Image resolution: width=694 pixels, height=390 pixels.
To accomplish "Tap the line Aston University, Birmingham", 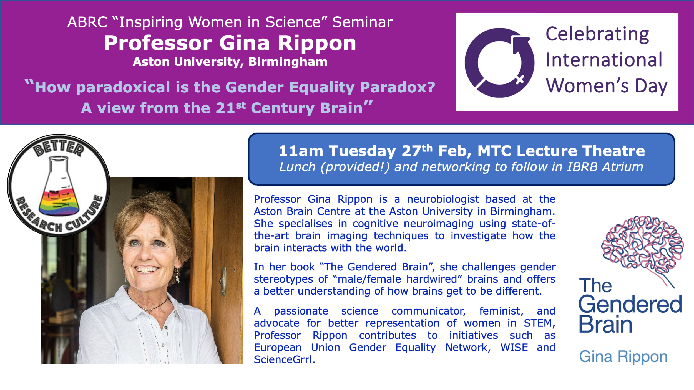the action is (230, 62).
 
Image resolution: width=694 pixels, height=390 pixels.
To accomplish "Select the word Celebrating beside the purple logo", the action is (597, 34).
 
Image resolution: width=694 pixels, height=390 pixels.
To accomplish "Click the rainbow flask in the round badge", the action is (59, 186).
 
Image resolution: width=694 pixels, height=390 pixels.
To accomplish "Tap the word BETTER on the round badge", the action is (58, 147).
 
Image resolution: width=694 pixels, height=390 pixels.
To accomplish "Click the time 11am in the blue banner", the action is (301, 151).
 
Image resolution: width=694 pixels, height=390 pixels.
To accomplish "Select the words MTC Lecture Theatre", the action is (561, 151).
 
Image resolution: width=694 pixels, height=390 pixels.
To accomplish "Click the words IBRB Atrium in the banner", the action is (605, 167).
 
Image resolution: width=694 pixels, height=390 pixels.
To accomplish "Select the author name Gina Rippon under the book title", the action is (623, 357).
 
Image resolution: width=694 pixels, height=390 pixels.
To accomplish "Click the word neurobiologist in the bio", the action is (443, 199).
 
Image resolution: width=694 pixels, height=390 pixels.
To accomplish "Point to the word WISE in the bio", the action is (514, 348).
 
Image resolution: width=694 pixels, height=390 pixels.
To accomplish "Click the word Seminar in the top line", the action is (363, 22).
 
